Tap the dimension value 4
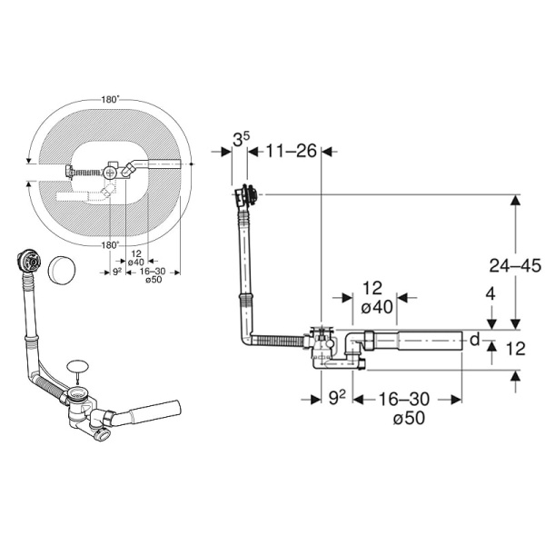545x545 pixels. point(490,294)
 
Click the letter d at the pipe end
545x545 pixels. point(473,341)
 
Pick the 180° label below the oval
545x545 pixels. point(110,244)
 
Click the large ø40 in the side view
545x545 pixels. point(376,307)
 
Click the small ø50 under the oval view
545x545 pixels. point(152,279)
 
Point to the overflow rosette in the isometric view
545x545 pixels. point(27,263)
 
